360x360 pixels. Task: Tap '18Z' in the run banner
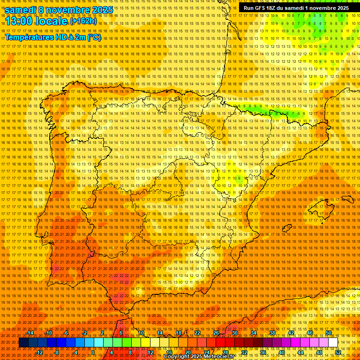coord(274,8)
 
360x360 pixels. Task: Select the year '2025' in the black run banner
coord(341,8)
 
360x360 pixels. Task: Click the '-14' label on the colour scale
coord(30,333)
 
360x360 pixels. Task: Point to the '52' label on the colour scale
coord(338,352)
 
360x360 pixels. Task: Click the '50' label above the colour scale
coord(329,333)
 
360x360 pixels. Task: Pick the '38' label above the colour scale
coord(272,333)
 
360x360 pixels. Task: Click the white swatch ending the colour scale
coord(333,343)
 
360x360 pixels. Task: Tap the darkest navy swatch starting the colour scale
coord(23,343)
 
